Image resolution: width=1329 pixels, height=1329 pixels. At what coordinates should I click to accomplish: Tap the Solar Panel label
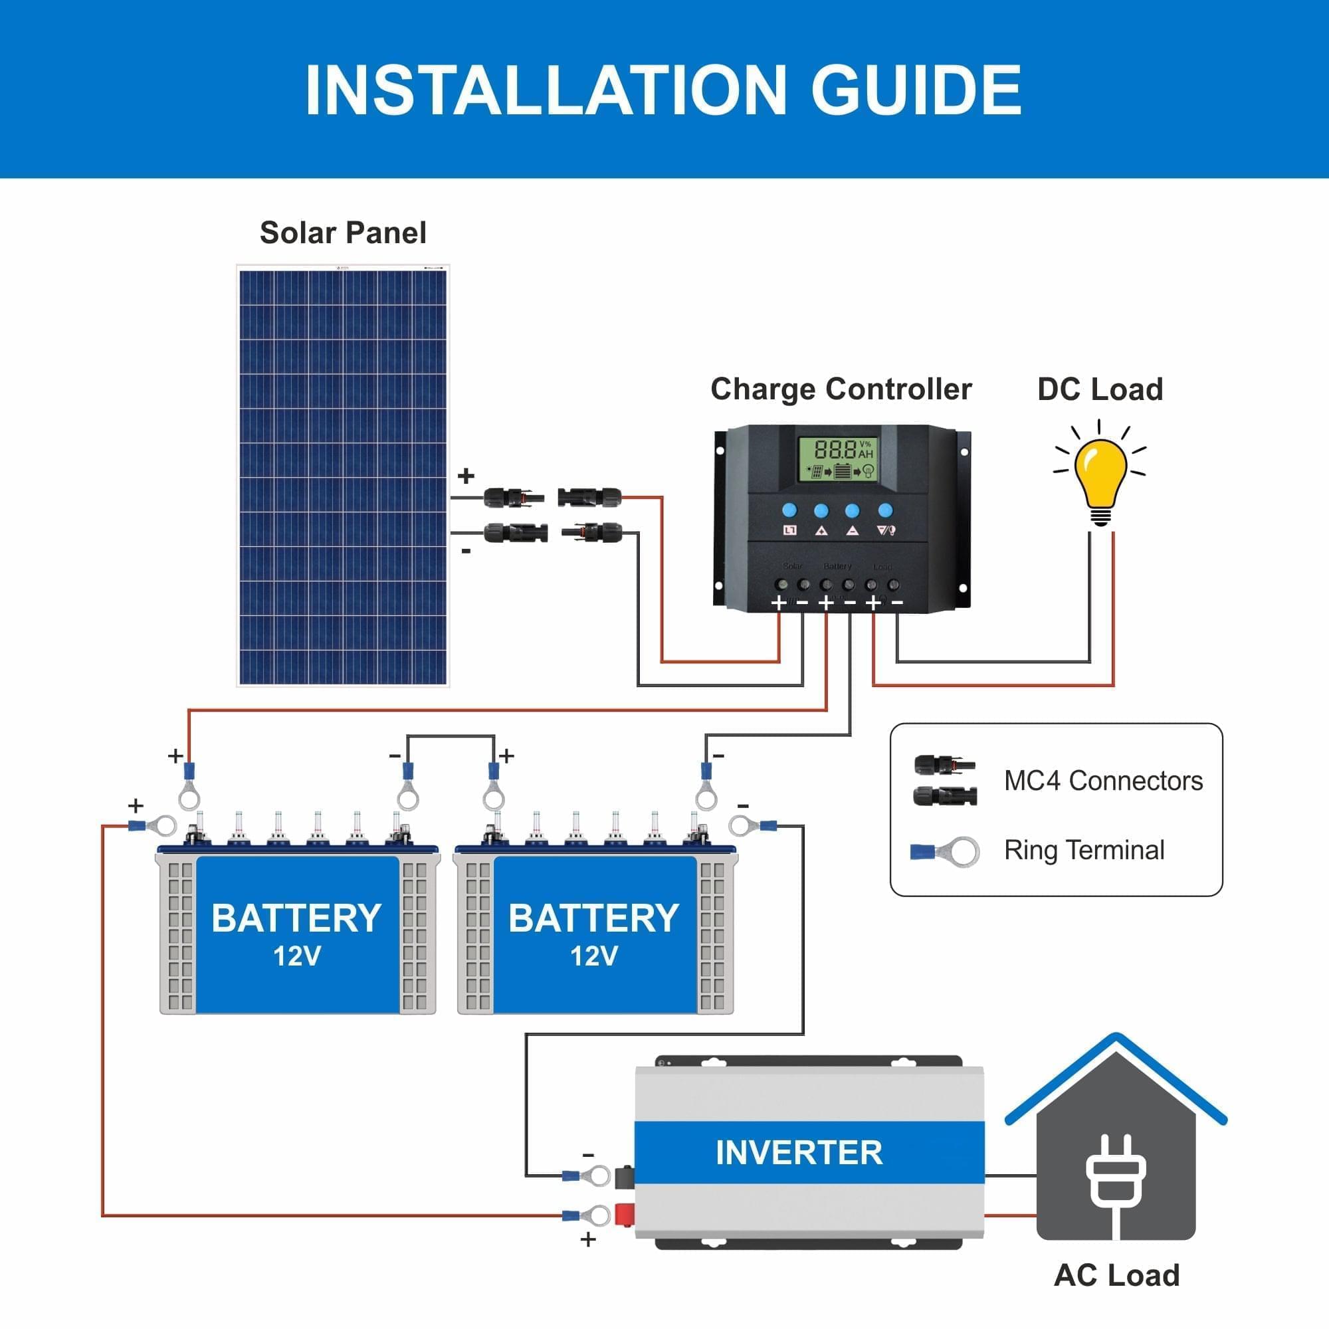click(343, 233)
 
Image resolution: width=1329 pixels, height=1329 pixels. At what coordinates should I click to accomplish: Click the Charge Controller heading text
click(841, 389)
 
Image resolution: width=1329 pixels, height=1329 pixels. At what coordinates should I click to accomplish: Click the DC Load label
click(1100, 389)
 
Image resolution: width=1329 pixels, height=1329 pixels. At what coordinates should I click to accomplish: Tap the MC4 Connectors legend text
click(1102, 781)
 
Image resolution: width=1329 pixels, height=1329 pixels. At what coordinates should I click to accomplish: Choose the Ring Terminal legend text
click(1084, 851)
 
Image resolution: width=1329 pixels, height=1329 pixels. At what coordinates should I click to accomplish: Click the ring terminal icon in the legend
click(944, 852)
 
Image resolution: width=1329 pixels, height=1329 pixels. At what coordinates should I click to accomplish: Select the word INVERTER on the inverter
click(799, 1152)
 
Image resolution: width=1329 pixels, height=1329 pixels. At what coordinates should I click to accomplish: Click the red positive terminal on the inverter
click(624, 1214)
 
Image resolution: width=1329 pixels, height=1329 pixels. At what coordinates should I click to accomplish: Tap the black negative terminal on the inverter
click(624, 1177)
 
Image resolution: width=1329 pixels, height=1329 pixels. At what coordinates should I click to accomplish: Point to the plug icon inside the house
click(1115, 1177)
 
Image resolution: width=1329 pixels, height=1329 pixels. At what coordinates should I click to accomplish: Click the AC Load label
click(1116, 1275)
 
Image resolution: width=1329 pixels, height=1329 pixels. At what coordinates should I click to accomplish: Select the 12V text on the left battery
click(296, 956)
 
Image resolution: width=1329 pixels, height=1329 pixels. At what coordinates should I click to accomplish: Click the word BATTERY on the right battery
click(593, 918)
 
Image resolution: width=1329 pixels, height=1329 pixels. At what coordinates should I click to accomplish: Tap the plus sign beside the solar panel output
click(466, 475)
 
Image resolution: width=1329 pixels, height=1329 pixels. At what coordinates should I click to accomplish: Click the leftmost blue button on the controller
click(789, 510)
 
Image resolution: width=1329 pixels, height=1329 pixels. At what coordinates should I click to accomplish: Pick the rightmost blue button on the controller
click(885, 510)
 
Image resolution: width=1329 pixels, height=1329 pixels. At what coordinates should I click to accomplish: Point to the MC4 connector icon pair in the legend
click(944, 781)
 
